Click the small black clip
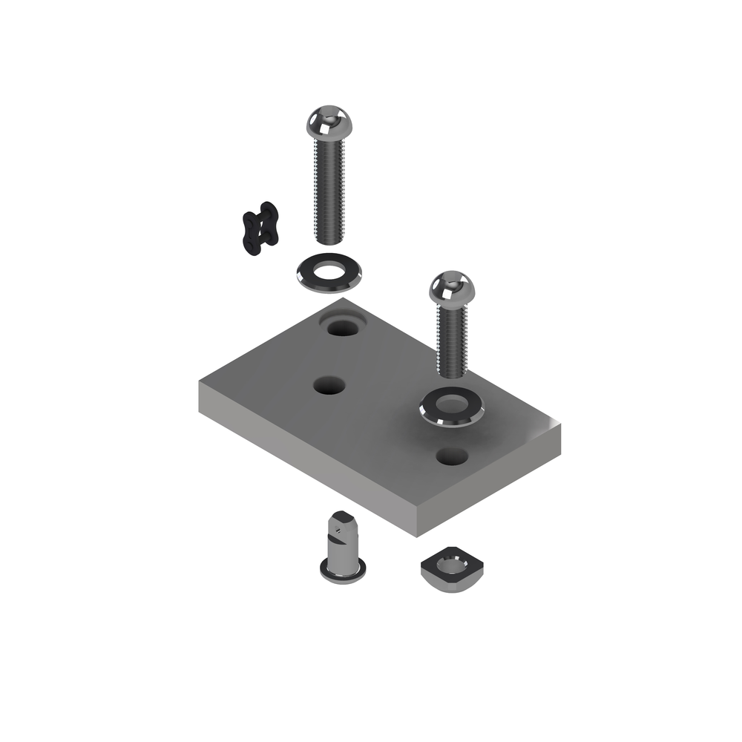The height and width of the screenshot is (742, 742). click(x=260, y=228)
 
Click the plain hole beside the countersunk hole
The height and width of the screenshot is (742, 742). click(x=329, y=386)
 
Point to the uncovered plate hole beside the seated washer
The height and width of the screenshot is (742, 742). click(x=451, y=456)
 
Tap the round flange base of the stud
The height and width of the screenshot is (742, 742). click(x=343, y=571)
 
